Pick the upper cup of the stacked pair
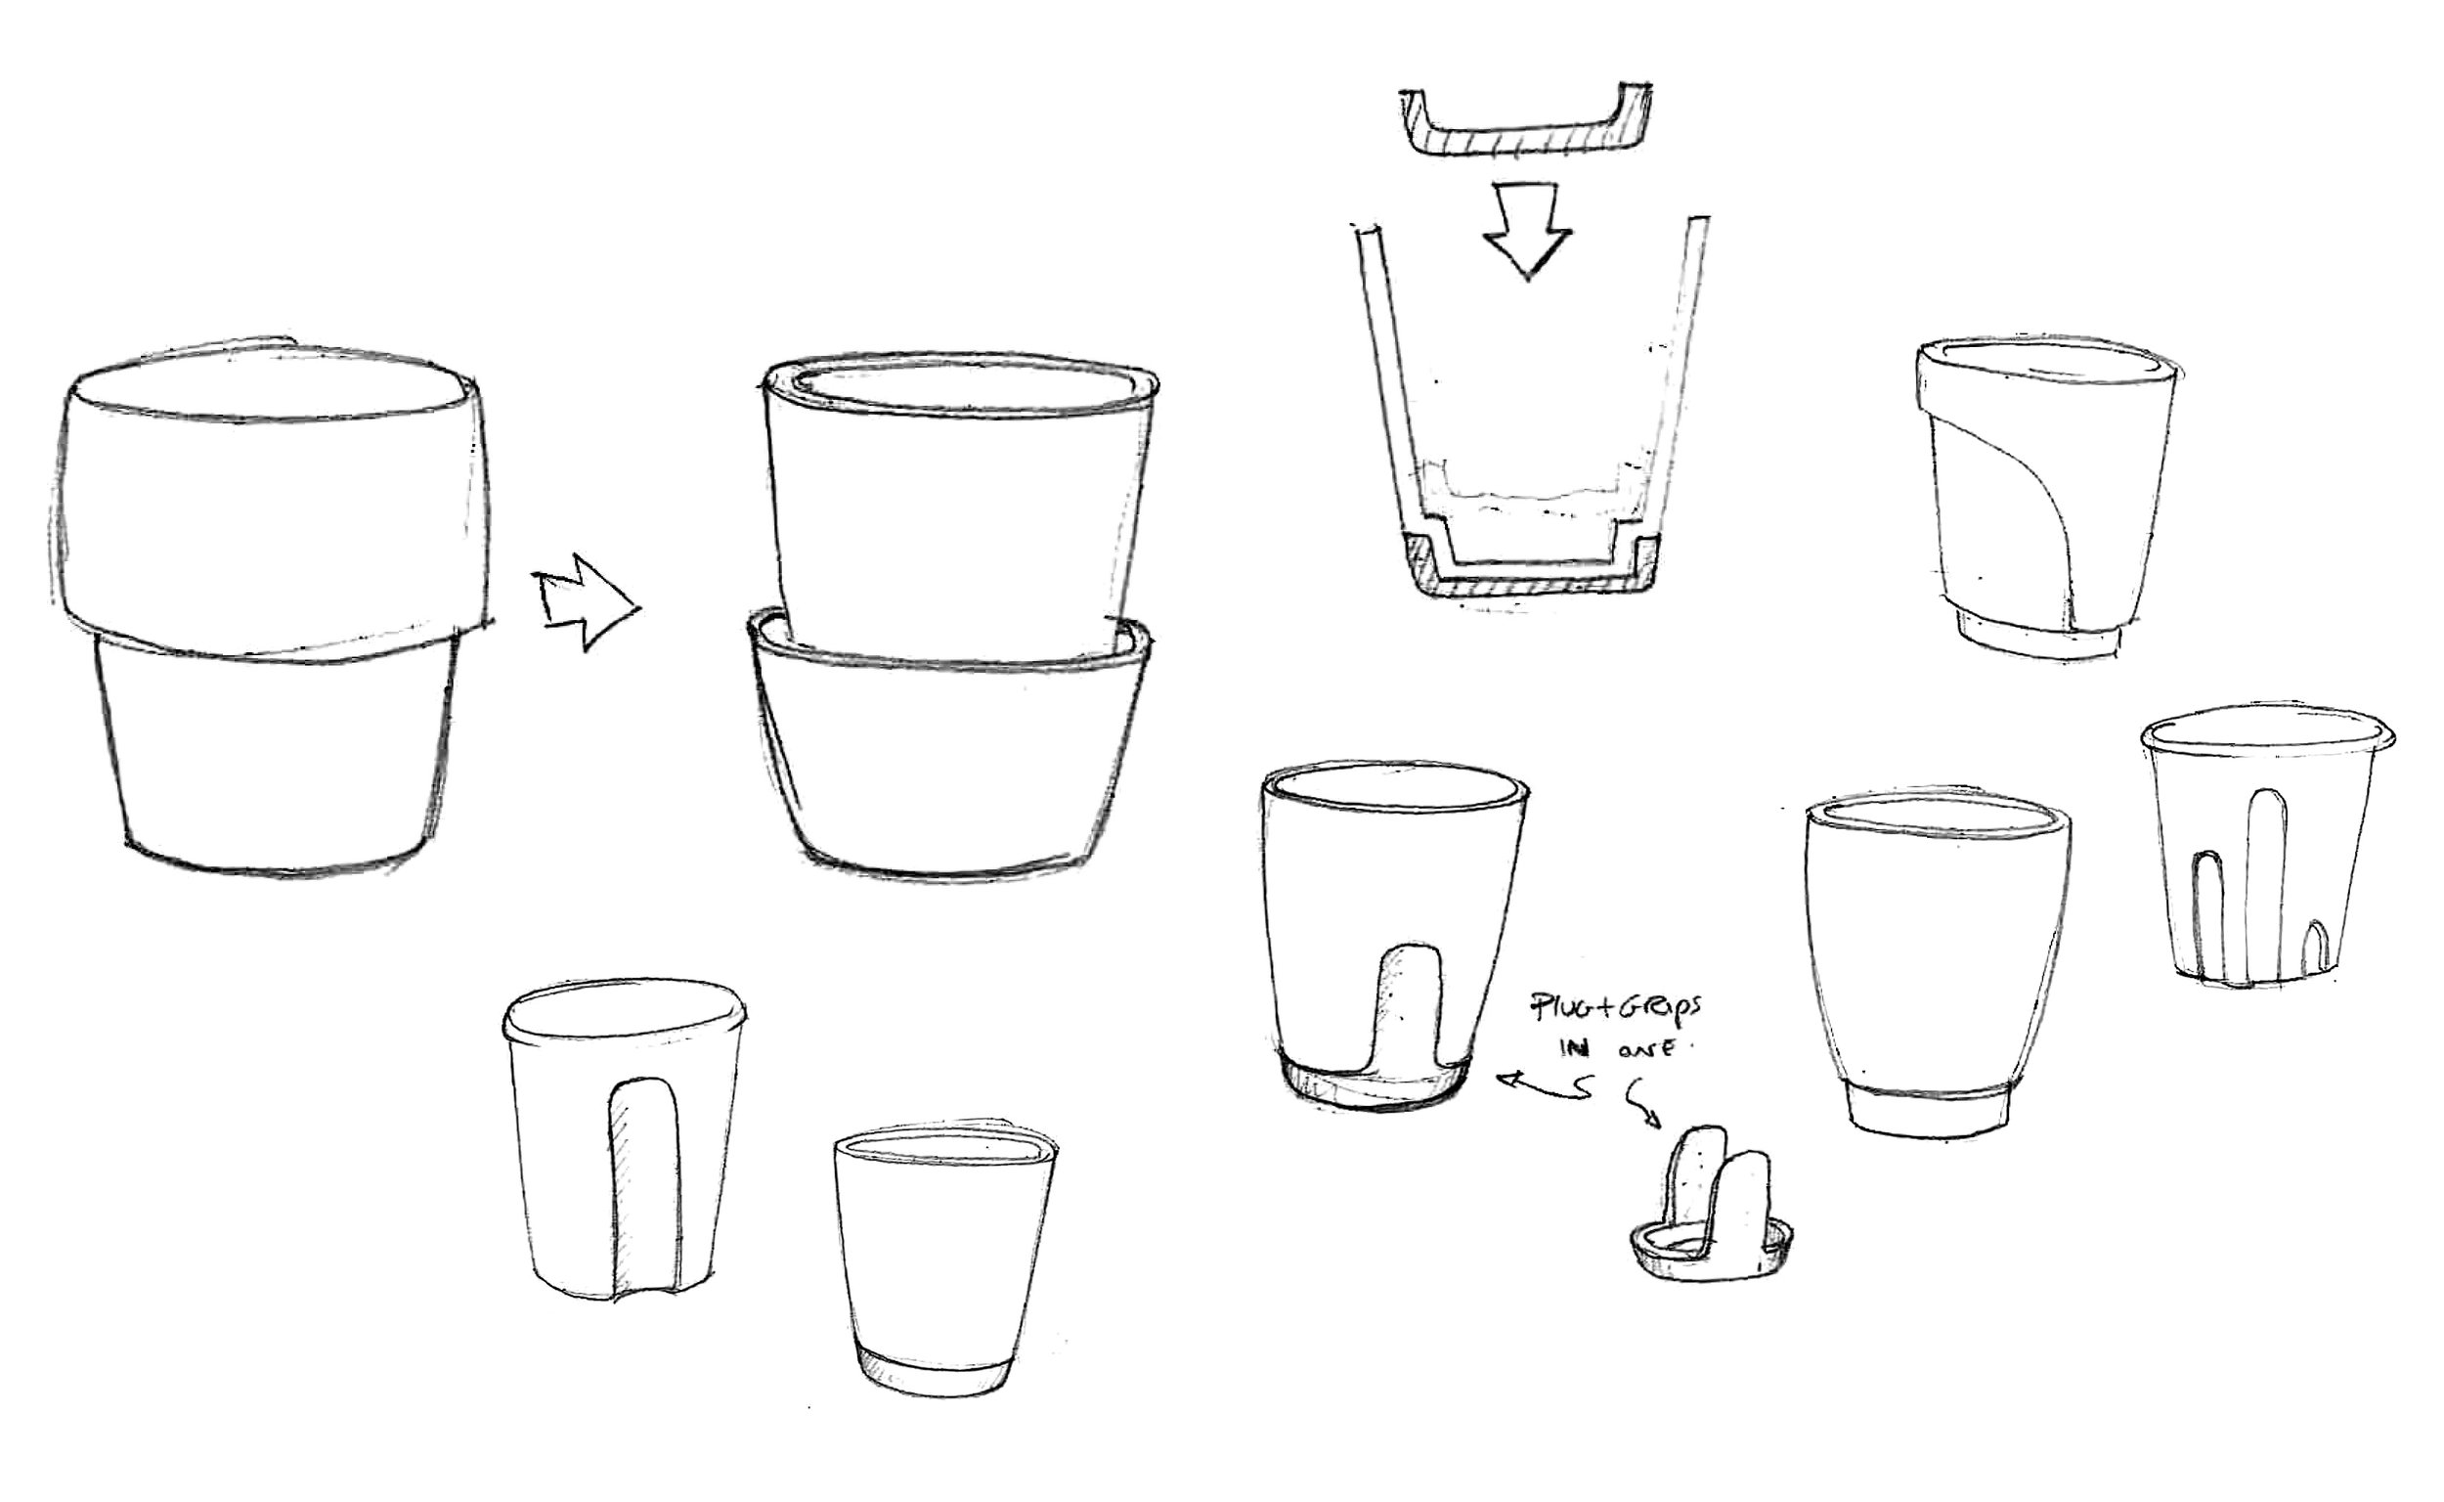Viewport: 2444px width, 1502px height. click(x=958, y=516)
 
